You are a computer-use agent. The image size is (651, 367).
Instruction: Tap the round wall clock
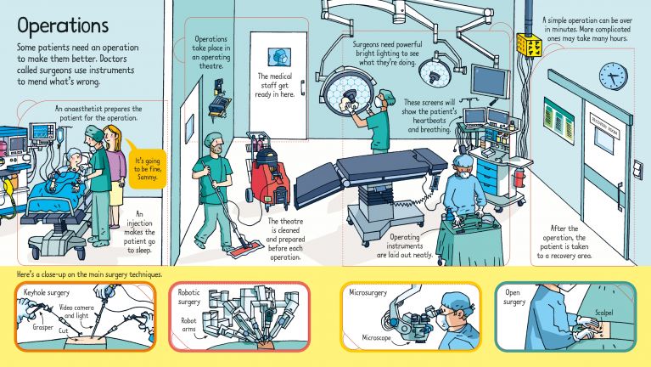(x=612, y=76)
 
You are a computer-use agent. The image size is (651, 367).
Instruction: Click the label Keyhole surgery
(x=49, y=291)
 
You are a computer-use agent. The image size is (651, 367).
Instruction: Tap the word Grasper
(x=44, y=326)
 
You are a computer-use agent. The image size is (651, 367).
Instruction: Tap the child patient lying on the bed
(x=61, y=174)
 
